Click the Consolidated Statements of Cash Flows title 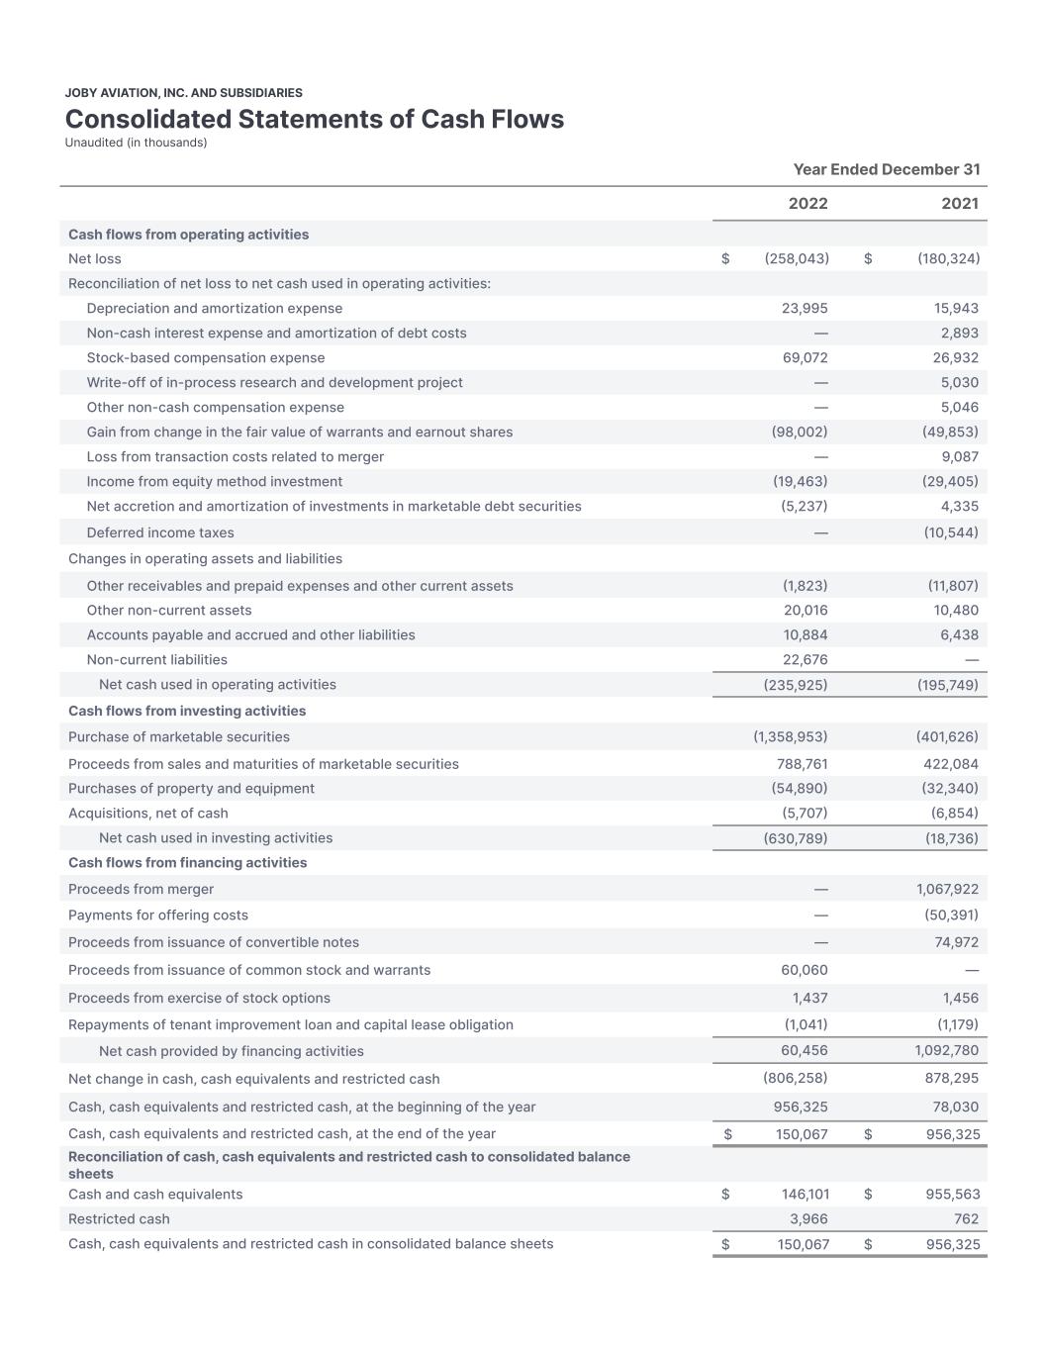pyautogui.click(x=314, y=119)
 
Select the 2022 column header pyautogui.click(x=807, y=204)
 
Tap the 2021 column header pyautogui.click(x=960, y=204)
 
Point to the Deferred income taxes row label pyautogui.click(x=160, y=532)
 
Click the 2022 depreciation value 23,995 pyautogui.click(x=805, y=308)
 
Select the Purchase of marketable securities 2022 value pyautogui.click(x=790, y=736)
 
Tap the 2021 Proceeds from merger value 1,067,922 pyautogui.click(x=947, y=889)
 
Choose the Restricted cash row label pyautogui.click(x=119, y=1218)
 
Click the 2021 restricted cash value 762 pyautogui.click(x=966, y=1218)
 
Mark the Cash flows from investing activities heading pyautogui.click(x=187, y=711)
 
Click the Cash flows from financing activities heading pyautogui.click(x=187, y=862)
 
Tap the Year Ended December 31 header pyautogui.click(x=887, y=169)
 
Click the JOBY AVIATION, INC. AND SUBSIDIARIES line pyautogui.click(x=184, y=93)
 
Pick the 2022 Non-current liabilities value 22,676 pyautogui.click(x=805, y=659)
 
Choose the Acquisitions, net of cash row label pyautogui.click(x=148, y=813)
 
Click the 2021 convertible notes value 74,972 pyautogui.click(x=956, y=942)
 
